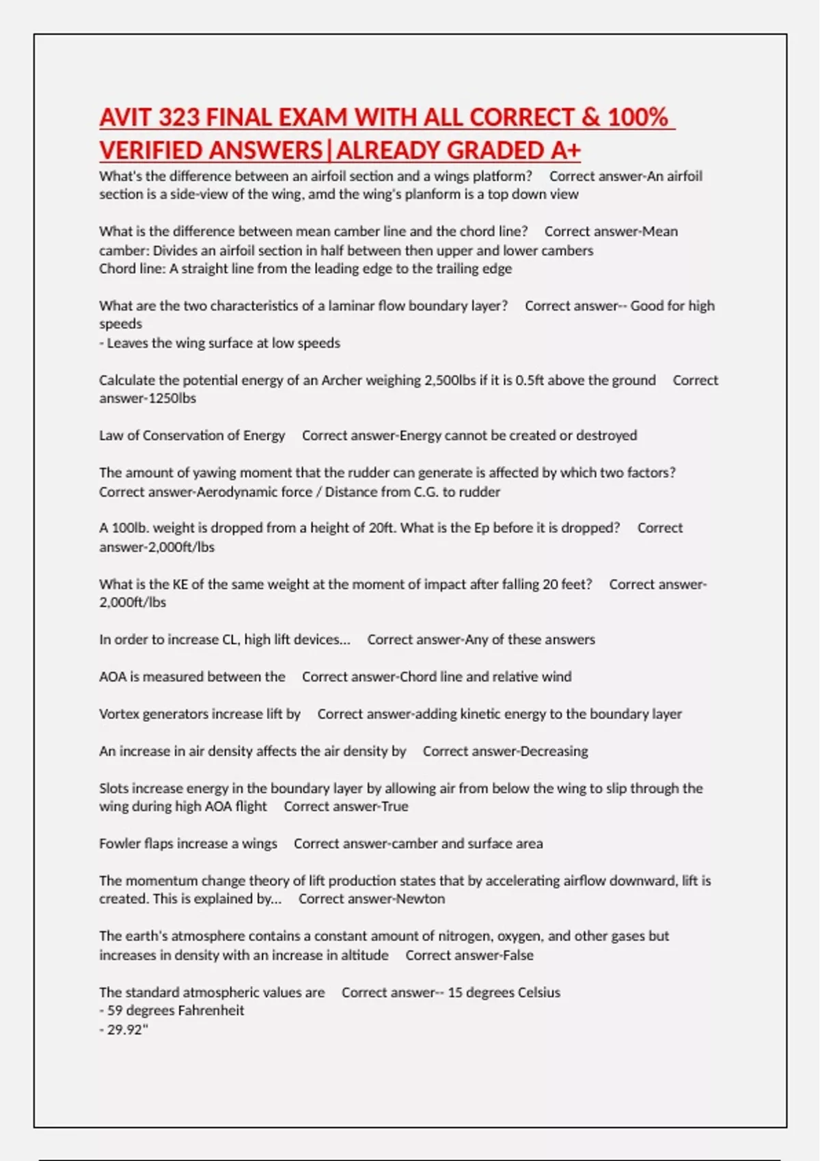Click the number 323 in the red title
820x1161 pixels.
[179, 117]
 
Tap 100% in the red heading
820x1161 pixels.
[638, 117]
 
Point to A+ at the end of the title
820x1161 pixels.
[565, 150]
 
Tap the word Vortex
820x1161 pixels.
[120, 714]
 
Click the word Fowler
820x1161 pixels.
[120, 844]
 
